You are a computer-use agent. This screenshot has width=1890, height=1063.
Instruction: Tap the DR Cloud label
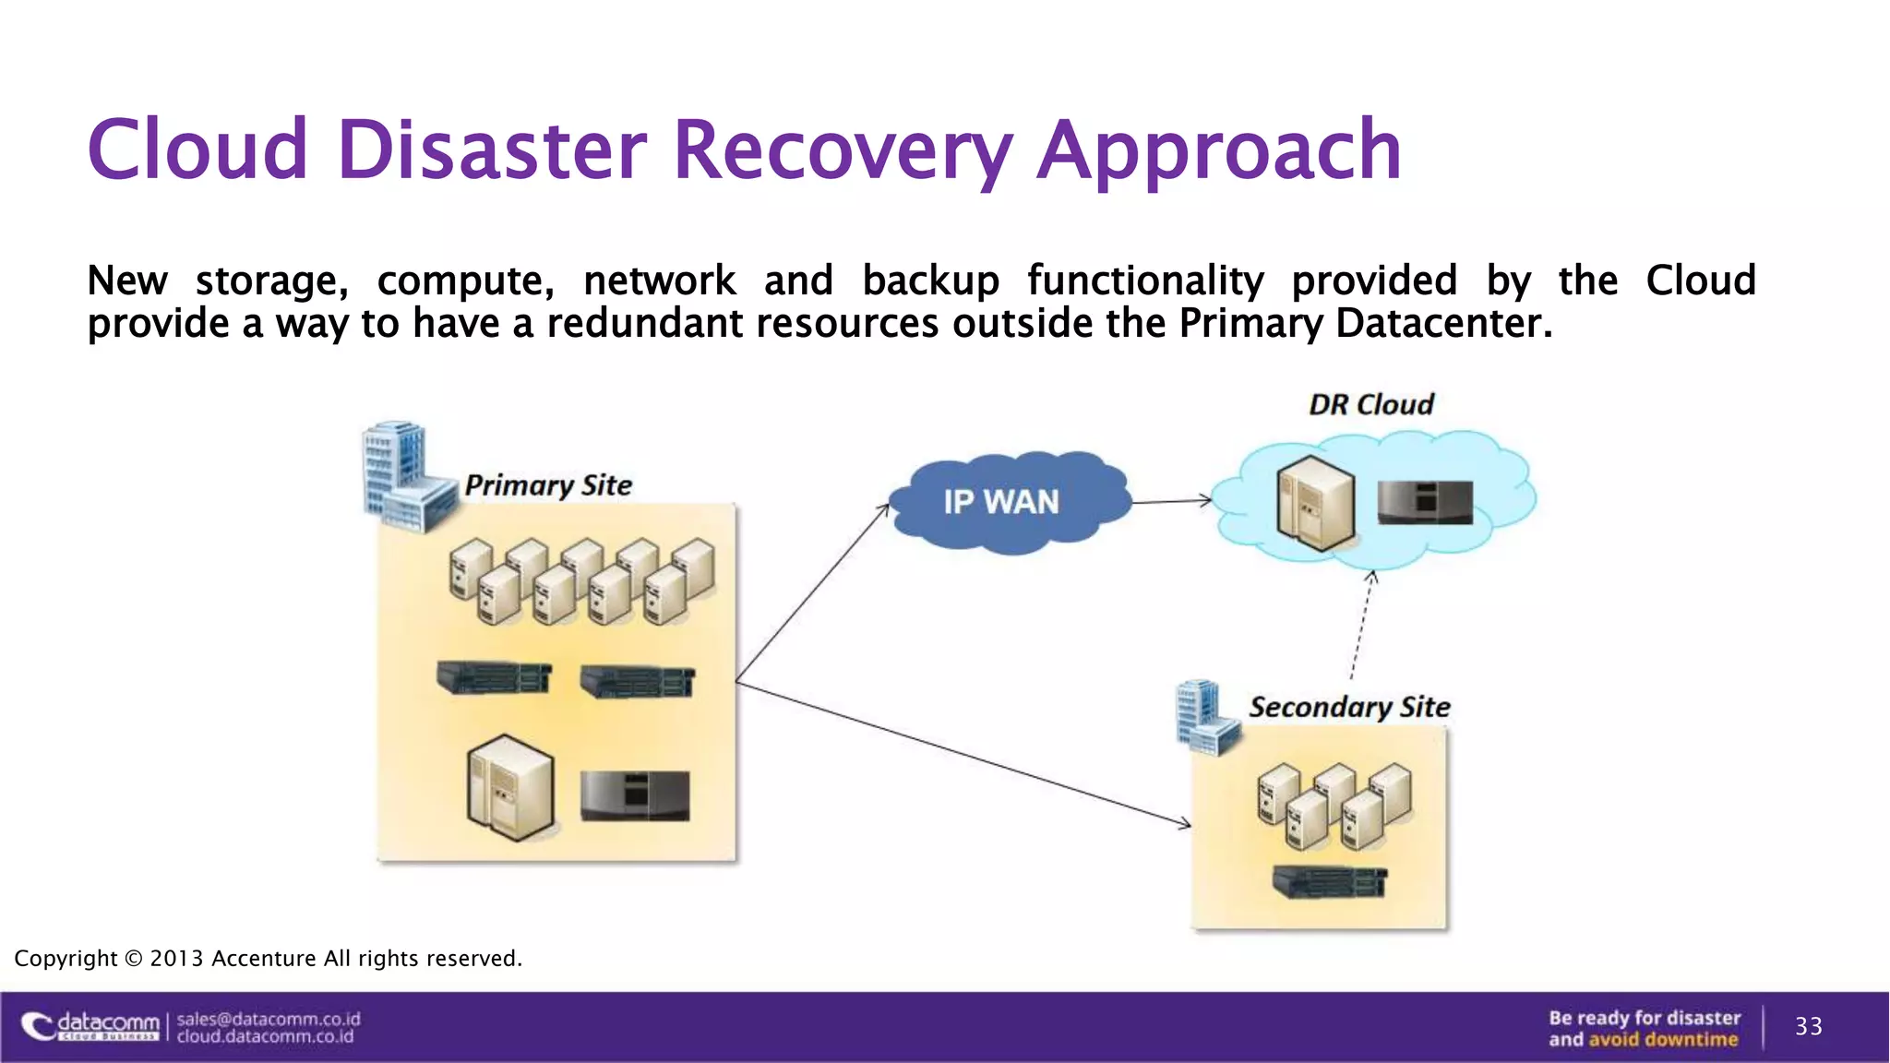(1371, 404)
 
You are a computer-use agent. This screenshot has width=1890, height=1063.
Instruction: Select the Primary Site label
(548, 485)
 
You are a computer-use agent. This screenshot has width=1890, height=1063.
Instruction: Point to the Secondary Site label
(1349, 707)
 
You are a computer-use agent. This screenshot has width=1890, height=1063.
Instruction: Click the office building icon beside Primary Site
(402, 476)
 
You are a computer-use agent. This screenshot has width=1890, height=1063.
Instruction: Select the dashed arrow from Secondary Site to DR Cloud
(1361, 627)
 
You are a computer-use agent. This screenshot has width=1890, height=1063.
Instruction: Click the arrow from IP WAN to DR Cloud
(1170, 502)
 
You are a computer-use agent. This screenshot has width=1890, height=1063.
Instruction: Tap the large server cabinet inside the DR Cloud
(1315, 504)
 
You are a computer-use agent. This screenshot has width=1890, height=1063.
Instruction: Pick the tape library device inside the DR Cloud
(1425, 504)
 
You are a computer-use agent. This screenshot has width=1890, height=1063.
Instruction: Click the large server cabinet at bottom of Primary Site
(510, 787)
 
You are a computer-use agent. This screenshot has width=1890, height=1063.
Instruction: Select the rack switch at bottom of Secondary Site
(1329, 882)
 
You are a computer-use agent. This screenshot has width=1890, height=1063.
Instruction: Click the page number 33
(1808, 1026)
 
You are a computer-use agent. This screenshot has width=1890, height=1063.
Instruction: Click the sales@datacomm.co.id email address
(269, 1019)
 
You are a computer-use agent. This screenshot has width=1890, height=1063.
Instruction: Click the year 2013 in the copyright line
(175, 959)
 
